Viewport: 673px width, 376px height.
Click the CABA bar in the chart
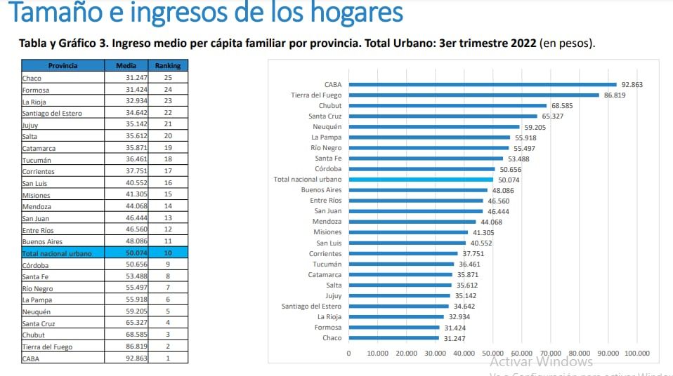coord(482,84)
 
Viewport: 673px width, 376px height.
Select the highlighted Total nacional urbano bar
coord(421,180)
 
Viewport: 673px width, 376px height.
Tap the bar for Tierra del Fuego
coord(473,95)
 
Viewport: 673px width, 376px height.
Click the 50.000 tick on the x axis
coord(492,353)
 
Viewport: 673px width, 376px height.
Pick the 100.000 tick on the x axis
coord(636,353)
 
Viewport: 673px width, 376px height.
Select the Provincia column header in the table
coord(63,66)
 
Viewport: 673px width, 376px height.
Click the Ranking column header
coord(168,66)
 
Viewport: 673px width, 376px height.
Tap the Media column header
coord(126,66)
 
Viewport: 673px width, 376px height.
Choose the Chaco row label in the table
coord(32,79)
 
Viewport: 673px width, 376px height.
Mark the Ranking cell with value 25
coord(168,78)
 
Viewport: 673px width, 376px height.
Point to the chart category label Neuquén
coord(328,127)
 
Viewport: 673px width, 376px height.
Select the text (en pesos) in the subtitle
coord(567,43)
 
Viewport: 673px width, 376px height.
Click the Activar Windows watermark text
coord(541,362)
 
